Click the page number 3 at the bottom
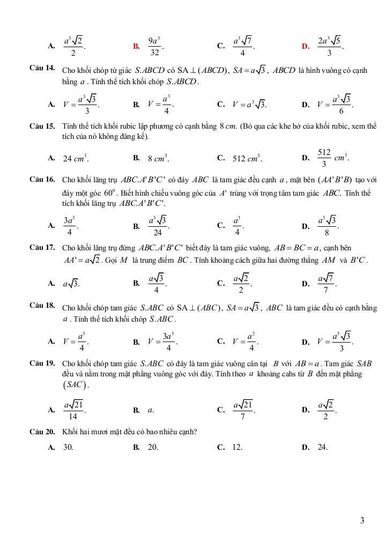coord(363,520)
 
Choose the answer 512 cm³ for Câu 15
coord(247,158)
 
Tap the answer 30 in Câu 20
coord(68,447)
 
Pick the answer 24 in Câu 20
coord(322,447)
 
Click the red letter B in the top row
coord(136,46)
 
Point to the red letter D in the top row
coord(305,46)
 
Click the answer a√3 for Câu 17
coord(71,284)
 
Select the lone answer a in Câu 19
coord(151,410)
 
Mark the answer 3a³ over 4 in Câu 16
coord(69,226)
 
